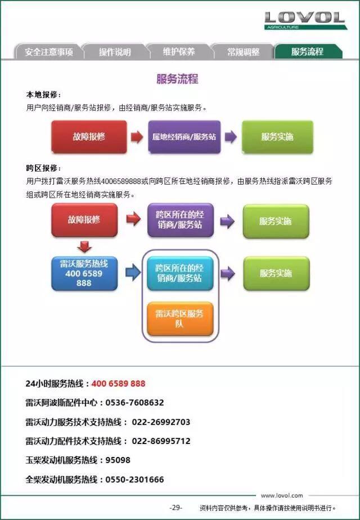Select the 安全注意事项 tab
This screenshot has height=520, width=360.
[48, 52]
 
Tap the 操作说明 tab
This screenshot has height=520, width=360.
[115, 52]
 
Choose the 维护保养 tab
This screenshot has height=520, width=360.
[179, 52]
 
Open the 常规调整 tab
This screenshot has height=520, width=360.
[244, 52]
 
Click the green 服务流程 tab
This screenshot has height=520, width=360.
[308, 52]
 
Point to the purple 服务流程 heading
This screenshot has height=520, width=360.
[177, 79]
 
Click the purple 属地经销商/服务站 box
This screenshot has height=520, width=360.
[184, 137]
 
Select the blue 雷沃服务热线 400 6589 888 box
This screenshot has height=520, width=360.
[84, 274]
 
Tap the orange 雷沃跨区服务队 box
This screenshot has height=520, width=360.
[179, 319]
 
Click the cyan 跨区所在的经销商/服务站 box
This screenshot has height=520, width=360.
[179, 274]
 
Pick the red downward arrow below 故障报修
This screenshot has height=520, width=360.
[84, 246]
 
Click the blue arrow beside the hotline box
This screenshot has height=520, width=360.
[133, 272]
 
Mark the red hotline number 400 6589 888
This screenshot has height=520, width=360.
[118, 384]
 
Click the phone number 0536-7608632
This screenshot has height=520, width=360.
[134, 402]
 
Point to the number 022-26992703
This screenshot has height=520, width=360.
[161, 422]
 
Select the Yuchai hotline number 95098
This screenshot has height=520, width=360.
[118, 460]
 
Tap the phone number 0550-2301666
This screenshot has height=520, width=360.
[134, 479]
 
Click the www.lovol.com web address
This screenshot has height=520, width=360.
[282, 495]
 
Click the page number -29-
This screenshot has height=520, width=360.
[175, 508]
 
